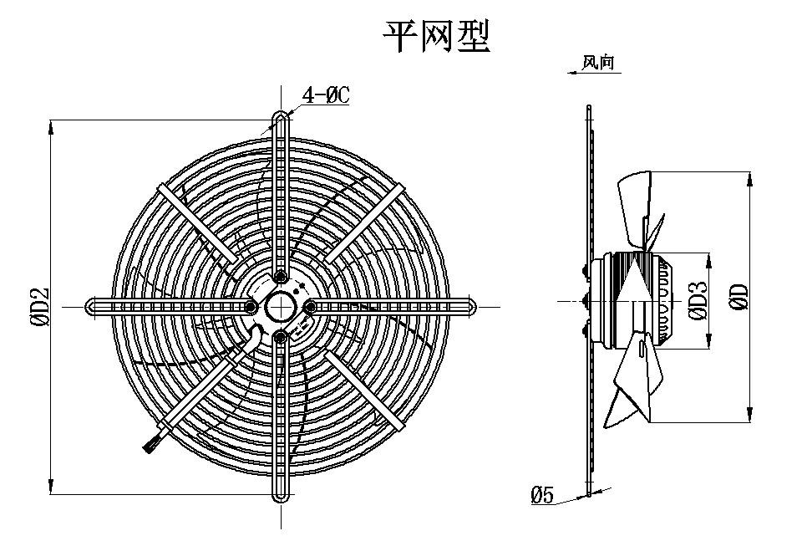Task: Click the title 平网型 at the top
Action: click(434, 36)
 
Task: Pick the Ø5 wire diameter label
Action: click(542, 495)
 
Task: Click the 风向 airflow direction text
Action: click(600, 63)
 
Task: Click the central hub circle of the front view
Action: click(280, 305)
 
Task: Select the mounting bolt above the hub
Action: click(281, 276)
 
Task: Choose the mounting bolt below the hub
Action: click(280, 336)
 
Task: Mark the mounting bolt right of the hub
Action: click(310, 307)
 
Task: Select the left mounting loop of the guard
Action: click(94, 307)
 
